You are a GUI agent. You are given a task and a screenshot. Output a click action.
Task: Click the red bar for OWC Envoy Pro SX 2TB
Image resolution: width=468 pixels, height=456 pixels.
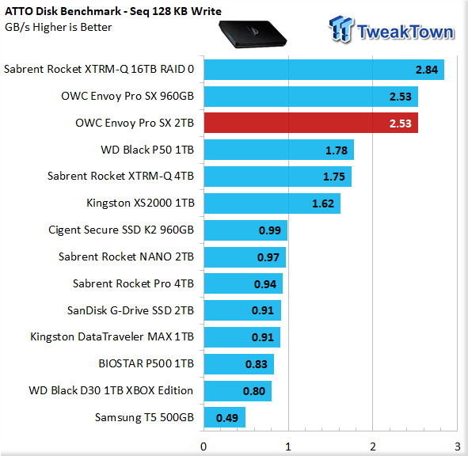click(311, 123)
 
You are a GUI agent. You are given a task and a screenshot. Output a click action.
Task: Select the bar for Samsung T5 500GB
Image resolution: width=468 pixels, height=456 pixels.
click(225, 417)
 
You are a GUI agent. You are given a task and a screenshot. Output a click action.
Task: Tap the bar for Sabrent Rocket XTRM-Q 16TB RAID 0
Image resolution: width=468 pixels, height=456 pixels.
click(324, 70)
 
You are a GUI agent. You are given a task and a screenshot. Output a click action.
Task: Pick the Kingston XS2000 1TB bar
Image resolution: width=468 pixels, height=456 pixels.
click(272, 203)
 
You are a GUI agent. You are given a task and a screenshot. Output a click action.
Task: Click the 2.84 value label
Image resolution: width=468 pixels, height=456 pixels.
click(427, 70)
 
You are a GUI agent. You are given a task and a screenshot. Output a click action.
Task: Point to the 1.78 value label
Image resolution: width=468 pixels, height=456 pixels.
click(337, 150)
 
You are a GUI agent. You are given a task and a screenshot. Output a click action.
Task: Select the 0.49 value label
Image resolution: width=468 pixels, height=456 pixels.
click(227, 418)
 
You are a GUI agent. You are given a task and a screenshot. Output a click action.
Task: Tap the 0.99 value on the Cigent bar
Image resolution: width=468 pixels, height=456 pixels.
click(270, 230)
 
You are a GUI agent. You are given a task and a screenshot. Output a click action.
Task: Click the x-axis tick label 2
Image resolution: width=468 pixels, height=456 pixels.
click(373, 446)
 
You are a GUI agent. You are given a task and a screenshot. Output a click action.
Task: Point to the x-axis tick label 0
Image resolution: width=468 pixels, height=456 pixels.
click(204, 446)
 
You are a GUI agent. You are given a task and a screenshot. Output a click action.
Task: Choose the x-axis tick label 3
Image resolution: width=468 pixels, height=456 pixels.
click(458, 446)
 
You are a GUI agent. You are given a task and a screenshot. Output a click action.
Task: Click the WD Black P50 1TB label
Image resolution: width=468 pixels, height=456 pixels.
click(147, 150)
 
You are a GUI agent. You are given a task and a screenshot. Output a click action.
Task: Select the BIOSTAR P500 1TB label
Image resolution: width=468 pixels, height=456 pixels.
click(146, 363)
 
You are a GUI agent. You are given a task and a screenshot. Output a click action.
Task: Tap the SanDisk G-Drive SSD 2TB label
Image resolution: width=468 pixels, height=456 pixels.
click(131, 310)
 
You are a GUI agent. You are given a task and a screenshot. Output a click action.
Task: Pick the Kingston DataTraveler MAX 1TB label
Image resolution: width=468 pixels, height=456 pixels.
click(112, 336)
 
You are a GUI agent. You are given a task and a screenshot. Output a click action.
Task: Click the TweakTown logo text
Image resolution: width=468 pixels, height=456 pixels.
click(405, 32)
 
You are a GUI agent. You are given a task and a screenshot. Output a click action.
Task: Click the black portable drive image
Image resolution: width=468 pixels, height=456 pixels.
click(253, 34)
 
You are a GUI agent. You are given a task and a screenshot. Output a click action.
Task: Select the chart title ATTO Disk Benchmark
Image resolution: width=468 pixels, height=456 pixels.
click(63, 11)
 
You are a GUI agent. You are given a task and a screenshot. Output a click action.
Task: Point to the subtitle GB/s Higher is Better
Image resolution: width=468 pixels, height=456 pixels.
click(58, 27)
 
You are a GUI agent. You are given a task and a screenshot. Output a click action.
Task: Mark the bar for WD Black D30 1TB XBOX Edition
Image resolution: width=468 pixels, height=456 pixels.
click(238, 391)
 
